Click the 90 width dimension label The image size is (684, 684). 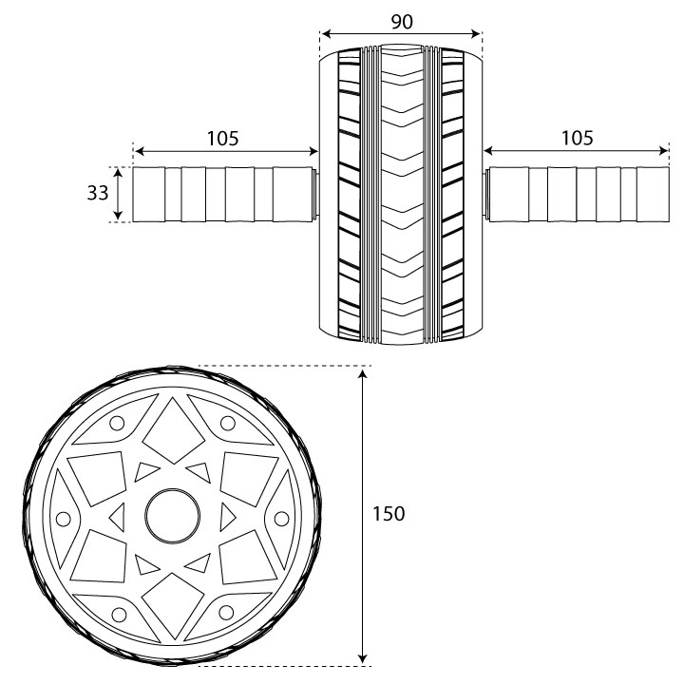coord(402,22)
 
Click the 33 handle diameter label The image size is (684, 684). coord(97,193)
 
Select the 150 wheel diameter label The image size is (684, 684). coord(389,514)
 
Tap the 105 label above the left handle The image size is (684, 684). coord(222,139)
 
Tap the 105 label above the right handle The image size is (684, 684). coord(578,139)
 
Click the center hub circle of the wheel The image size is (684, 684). coord(173,516)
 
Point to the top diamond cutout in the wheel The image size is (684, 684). coord(174,430)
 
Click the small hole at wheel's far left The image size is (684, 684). coord(64,519)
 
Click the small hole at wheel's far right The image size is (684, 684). coord(281,519)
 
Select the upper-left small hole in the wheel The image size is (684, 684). coord(117,423)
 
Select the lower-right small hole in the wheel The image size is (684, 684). coord(226,613)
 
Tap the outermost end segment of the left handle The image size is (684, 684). coord(149,195)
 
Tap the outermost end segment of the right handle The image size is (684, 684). coord(653,194)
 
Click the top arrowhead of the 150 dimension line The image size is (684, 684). coord(362,374)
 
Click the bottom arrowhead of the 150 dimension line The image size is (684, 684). coord(362,659)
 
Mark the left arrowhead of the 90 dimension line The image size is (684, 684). coord(326,33)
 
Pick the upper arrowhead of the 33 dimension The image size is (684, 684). coord(118,174)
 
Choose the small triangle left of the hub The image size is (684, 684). coord(118,518)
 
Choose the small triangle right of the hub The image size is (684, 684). coord(227,518)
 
